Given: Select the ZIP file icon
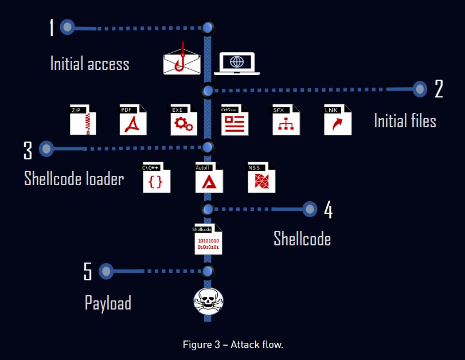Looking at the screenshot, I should pyautogui.click(x=83, y=120).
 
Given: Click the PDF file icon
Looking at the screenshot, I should pyautogui.click(x=133, y=120).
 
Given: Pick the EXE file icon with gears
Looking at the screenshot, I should pyautogui.click(x=183, y=120).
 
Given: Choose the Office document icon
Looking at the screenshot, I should pyautogui.click(x=234, y=120).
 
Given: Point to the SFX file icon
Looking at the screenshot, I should pyautogui.click(x=286, y=120).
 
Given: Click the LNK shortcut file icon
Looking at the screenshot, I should pyautogui.click(x=337, y=120).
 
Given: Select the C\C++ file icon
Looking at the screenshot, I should pyautogui.click(x=157, y=178).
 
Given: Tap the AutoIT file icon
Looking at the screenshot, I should pyautogui.click(x=209, y=178).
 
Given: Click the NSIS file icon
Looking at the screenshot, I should pyautogui.click(x=261, y=178).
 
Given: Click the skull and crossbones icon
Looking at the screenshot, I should pyautogui.click(x=208, y=301).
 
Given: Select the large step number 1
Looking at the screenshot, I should pyautogui.click(x=52, y=27).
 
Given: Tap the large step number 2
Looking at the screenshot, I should pyautogui.click(x=439, y=89).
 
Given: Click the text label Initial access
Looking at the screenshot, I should pyautogui.click(x=89, y=63).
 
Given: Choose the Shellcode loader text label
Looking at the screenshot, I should pyautogui.click(x=74, y=178).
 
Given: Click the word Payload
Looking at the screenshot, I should pyautogui.click(x=108, y=302).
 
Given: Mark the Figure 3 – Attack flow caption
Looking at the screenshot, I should pyautogui.click(x=233, y=345).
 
